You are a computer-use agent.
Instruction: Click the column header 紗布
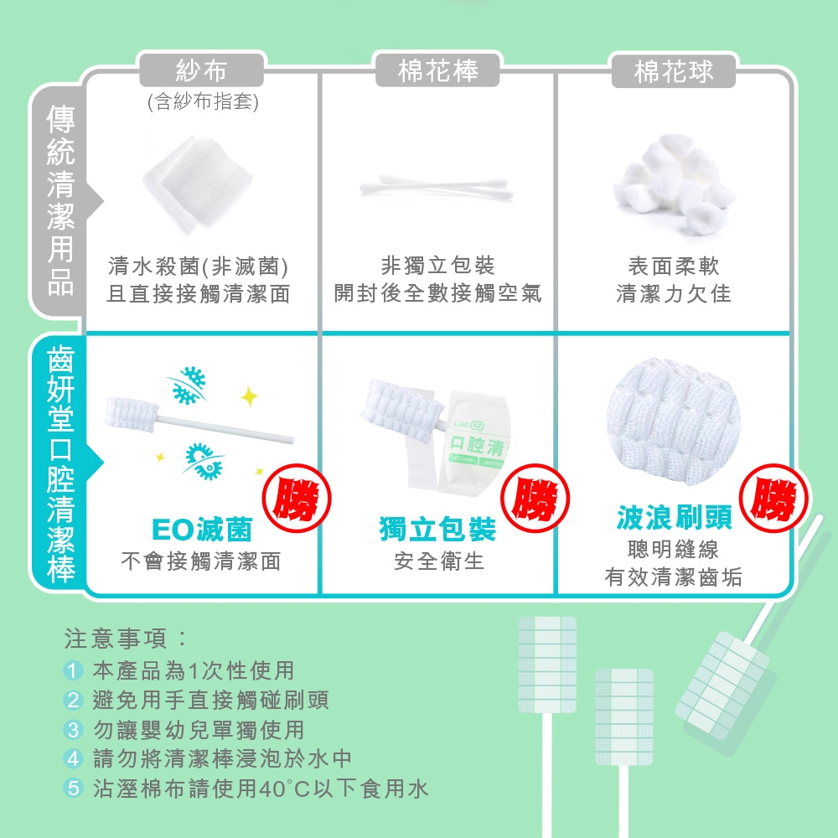(201, 70)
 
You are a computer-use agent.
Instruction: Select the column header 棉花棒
(437, 70)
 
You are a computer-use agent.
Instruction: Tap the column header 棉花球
(674, 70)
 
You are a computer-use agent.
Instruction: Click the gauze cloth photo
(198, 184)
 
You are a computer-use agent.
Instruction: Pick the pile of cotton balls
(674, 184)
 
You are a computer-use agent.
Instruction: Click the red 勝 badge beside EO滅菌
(297, 498)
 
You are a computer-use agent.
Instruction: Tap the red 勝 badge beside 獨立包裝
(535, 498)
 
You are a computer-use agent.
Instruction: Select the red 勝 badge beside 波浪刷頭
(773, 498)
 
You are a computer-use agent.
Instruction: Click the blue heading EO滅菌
(202, 530)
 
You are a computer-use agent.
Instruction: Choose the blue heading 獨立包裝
(437, 529)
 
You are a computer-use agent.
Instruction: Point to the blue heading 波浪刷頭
(674, 517)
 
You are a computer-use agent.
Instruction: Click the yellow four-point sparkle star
(249, 396)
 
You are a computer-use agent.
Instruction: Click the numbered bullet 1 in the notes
(73, 670)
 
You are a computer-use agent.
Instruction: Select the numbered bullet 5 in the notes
(73, 789)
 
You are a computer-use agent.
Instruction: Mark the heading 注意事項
(116, 638)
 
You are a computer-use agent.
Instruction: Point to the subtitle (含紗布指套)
(203, 101)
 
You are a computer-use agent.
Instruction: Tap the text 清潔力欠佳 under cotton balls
(674, 292)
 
